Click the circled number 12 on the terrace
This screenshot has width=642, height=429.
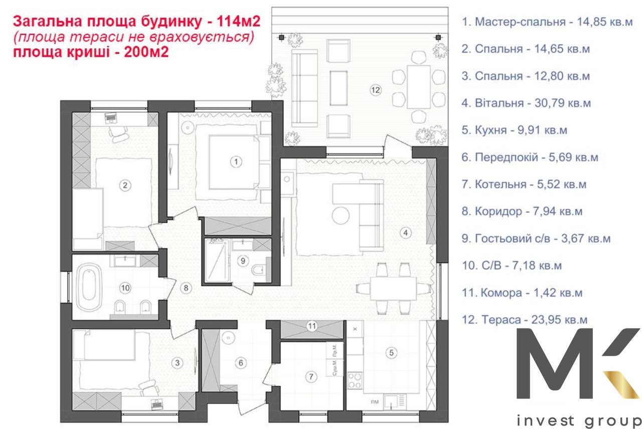coord(376,90)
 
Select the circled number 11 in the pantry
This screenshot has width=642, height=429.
coord(312,326)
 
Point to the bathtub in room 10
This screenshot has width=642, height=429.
coord(91,288)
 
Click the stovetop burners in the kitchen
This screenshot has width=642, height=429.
coord(354,380)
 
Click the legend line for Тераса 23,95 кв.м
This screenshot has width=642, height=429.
coord(524,320)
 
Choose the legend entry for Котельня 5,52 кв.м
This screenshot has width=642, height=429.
coord(524,185)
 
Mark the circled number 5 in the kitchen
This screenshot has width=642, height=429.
coord(392,353)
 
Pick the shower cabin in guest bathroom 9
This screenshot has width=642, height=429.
coord(217,261)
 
